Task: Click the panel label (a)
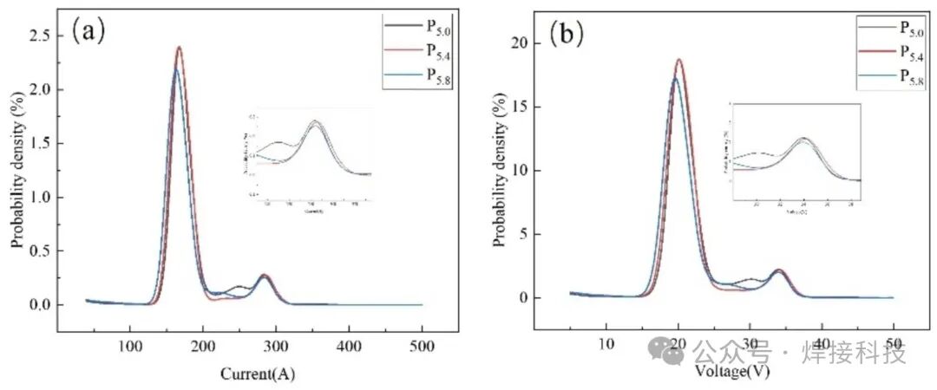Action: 89,32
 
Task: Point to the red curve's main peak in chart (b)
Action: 679,60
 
